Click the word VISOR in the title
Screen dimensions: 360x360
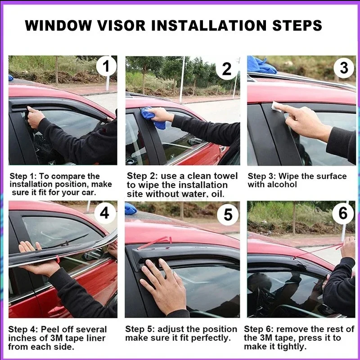121,25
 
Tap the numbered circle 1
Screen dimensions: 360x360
106,66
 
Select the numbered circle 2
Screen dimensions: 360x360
227,69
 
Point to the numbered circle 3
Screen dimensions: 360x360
344,68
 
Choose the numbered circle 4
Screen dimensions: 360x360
105,213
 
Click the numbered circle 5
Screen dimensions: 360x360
228,215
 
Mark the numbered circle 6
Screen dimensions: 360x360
343,213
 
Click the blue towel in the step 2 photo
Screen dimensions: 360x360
153,117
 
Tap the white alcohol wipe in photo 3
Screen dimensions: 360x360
277,107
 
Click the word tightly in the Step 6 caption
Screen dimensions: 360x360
292,346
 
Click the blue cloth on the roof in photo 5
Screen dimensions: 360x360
130,209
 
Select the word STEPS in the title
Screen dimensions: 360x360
297,25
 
